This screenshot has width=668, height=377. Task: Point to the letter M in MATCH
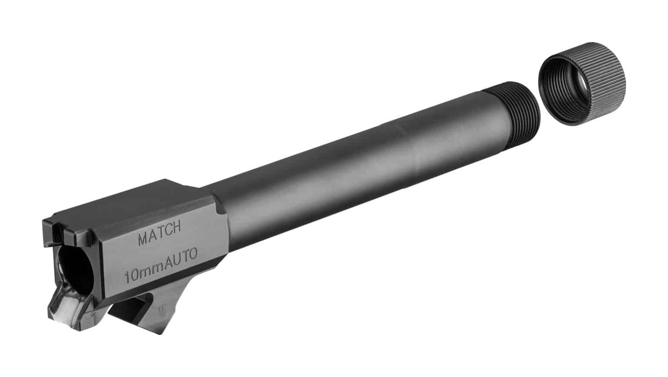click(143, 239)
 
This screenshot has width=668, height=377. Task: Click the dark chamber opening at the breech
click(77, 271)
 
